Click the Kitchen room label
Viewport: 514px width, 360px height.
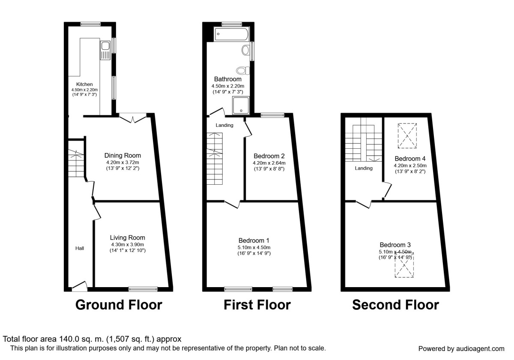pyautogui.click(x=84, y=84)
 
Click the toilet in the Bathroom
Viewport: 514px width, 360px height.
pyautogui.click(x=242, y=70)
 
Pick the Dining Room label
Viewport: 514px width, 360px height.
pyautogui.click(x=123, y=156)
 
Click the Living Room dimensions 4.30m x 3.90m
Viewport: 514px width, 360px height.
pyautogui.click(x=127, y=245)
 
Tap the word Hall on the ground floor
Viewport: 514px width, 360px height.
pyautogui.click(x=80, y=248)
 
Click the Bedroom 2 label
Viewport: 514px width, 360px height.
pyautogui.click(x=269, y=156)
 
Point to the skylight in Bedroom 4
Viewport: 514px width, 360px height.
pyautogui.click(x=407, y=135)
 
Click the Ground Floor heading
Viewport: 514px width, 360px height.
pyautogui.click(x=119, y=305)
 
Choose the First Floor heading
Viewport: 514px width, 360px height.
pyautogui.click(x=257, y=305)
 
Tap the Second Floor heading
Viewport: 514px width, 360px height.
pyautogui.click(x=395, y=305)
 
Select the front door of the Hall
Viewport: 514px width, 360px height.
pyautogui.click(x=80, y=286)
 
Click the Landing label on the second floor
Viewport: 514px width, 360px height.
pyautogui.click(x=363, y=168)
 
